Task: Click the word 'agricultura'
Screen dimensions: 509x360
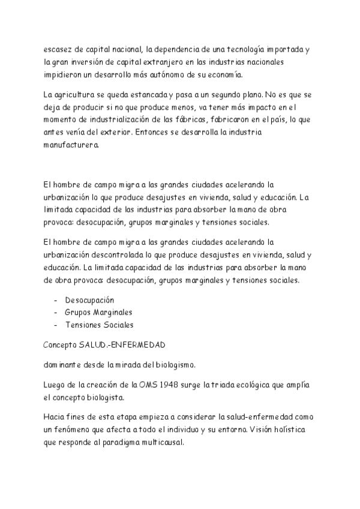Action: pos(78,95)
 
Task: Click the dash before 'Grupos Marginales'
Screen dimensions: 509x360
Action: pos(56,312)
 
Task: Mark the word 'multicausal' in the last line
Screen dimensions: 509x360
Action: pos(170,442)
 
